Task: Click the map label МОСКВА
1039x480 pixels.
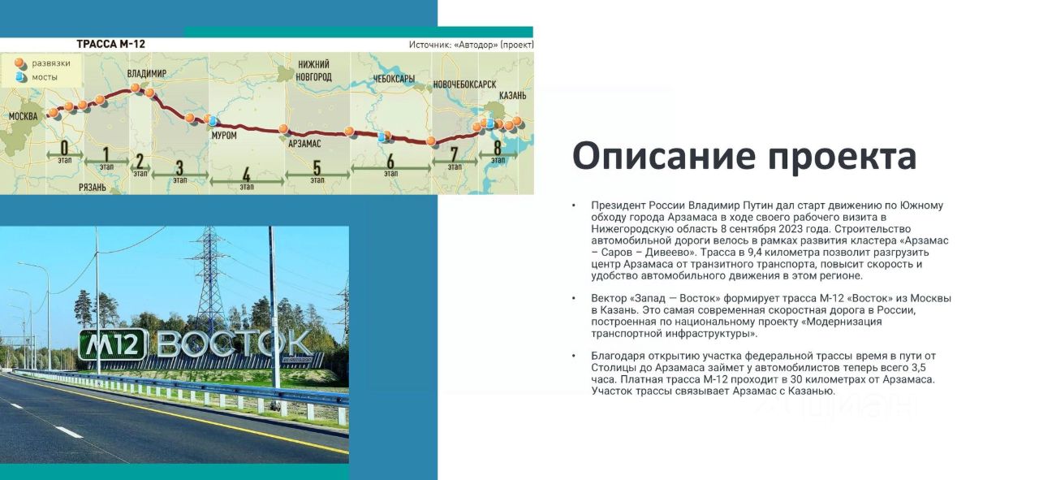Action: (24, 116)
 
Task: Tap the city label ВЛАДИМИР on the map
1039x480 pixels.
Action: (147, 73)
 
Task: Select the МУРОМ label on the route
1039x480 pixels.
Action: (224, 135)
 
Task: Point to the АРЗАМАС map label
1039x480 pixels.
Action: (304, 144)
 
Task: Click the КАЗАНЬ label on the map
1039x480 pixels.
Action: (512, 96)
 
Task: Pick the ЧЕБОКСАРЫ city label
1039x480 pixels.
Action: (394, 79)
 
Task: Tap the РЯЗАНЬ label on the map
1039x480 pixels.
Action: (93, 187)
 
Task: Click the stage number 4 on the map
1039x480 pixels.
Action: (246, 175)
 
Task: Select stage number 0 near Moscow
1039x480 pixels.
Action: (64, 148)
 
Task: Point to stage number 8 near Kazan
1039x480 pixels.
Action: (498, 148)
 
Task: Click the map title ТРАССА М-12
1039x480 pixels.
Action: (111, 44)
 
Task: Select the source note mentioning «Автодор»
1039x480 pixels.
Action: (472, 45)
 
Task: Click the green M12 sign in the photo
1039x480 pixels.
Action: (113, 344)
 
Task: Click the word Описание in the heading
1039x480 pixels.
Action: (665, 155)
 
